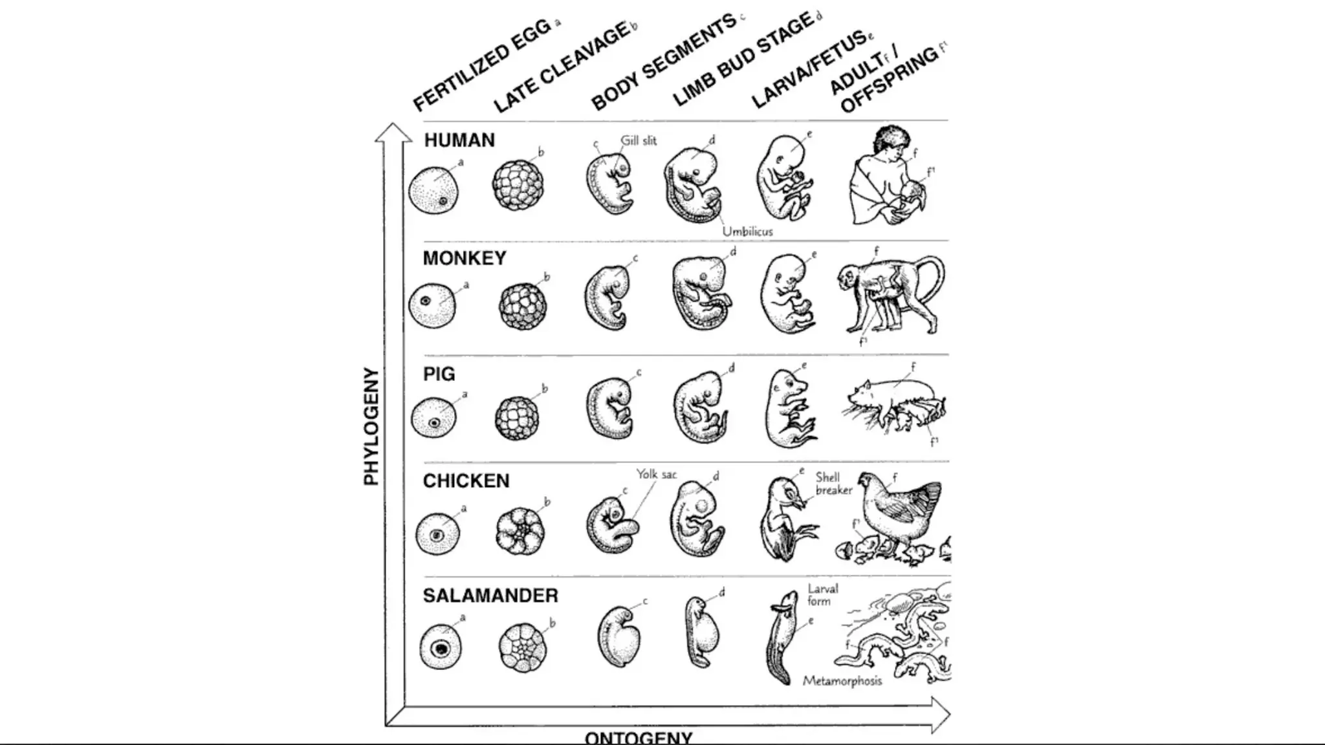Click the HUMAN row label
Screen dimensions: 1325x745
click(x=459, y=140)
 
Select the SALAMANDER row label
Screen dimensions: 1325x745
click(x=490, y=596)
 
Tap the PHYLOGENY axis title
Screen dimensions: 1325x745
click(x=371, y=427)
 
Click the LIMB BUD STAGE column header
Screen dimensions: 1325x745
click(x=744, y=59)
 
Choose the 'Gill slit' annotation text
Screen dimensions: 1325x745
click(x=639, y=140)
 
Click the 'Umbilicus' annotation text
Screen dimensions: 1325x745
click(x=747, y=231)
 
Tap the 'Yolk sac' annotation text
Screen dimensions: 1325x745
click(x=656, y=474)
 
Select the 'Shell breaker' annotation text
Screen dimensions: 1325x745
click(x=833, y=484)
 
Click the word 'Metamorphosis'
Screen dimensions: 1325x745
click(x=842, y=681)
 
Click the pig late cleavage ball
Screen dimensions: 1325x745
click(x=517, y=418)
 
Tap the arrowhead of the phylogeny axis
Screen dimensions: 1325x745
click(x=393, y=132)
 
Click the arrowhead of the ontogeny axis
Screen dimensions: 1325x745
click(x=941, y=715)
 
